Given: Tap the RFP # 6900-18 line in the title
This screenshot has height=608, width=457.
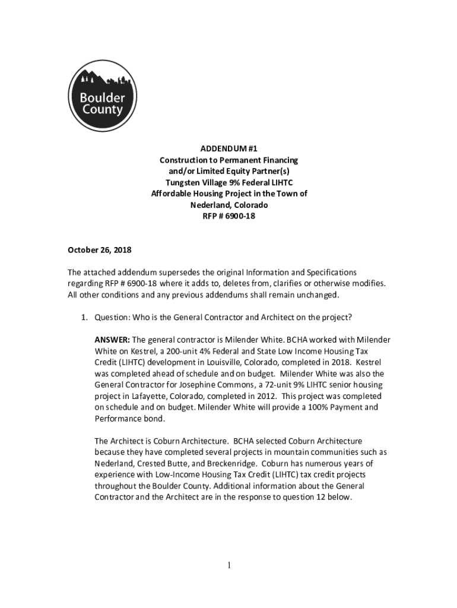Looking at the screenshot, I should tap(228, 216).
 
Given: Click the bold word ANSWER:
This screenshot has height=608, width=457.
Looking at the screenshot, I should tap(112, 340).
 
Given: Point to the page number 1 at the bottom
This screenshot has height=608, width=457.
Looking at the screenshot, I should tap(228, 565).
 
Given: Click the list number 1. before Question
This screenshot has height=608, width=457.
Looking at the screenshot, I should tap(85, 317).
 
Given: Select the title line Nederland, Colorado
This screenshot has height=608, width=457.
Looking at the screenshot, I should tap(228, 205).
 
